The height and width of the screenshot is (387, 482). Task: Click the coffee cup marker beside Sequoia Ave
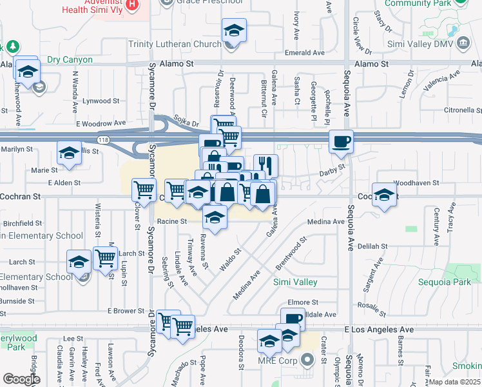tap(341, 141)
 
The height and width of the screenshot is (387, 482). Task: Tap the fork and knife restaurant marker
tap(265, 166)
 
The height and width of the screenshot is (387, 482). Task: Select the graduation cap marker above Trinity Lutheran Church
tap(234, 30)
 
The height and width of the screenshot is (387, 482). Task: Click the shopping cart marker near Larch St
tap(105, 258)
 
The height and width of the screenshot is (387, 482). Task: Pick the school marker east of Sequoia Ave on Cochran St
tap(384, 195)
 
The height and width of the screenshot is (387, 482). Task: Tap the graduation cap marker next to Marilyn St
tap(69, 153)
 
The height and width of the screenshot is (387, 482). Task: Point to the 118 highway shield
tap(104, 139)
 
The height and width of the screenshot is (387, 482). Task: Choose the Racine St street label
tap(171, 221)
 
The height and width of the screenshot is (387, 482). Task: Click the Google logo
tap(21, 379)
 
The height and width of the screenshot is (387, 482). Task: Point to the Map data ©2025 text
tap(454, 382)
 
